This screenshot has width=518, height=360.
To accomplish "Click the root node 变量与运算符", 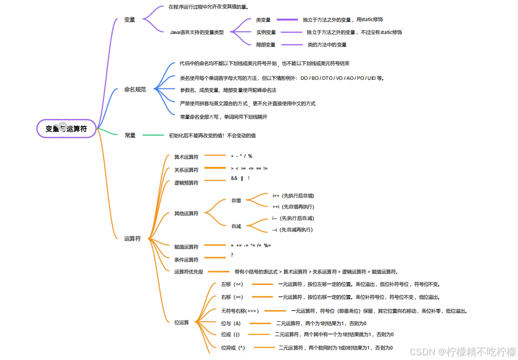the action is click(x=66, y=129).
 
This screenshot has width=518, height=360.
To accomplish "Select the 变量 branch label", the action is click(x=129, y=20).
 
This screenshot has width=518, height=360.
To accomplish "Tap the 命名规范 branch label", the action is click(x=135, y=89).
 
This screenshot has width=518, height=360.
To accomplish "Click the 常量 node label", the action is click(x=130, y=136).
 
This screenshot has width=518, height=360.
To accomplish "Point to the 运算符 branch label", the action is click(x=132, y=239).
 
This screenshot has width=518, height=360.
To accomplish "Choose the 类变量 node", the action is click(x=263, y=20).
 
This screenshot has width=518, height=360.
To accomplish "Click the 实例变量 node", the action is click(x=266, y=33).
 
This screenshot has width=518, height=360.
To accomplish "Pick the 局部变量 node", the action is click(x=266, y=45).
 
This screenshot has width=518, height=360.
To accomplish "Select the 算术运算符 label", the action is click(x=186, y=157).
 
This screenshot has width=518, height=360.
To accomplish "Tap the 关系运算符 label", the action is click(x=186, y=170).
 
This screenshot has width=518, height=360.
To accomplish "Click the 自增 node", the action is click(x=236, y=201).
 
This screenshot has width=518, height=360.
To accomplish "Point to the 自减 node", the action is click(x=236, y=227).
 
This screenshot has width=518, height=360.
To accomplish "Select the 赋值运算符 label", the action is click(x=186, y=247).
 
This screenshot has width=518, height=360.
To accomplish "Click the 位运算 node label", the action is click(x=182, y=323).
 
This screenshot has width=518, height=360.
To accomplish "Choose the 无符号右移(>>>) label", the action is click(x=240, y=311).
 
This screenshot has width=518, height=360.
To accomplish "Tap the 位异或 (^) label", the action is click(x=233, y=348).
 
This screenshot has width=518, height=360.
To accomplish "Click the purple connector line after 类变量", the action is click(x=287, y=20).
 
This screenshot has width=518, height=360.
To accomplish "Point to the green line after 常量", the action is click(x=153, y=136).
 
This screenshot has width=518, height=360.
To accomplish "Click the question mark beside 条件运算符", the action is click(x=232, y=255).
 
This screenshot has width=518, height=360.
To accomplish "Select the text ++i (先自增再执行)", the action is click(x=293, y=207).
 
